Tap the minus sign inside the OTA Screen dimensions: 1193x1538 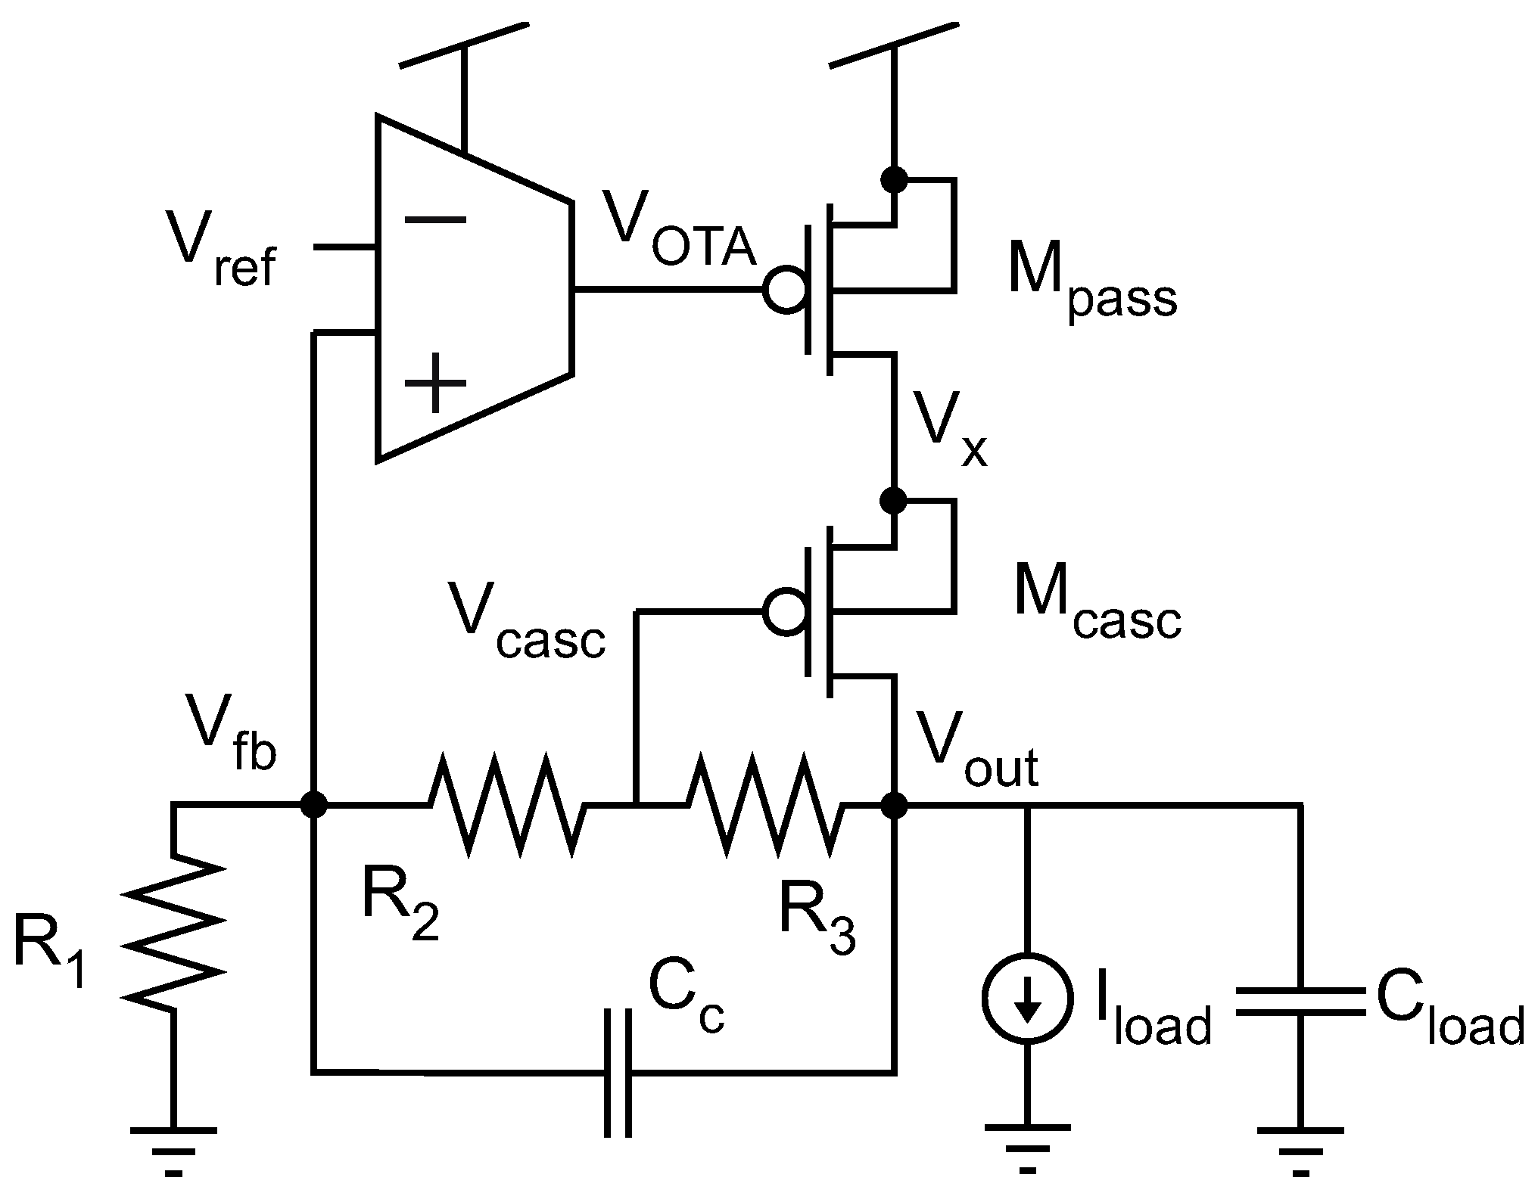pos(435,219)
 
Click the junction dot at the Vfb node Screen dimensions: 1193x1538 pos(313,806)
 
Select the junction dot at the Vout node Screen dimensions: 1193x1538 pos(895,806)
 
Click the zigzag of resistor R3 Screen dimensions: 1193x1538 pos(763,806)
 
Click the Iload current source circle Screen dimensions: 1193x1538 pos(1027,999)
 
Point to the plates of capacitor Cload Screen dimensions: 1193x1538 pos(1300,1002)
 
